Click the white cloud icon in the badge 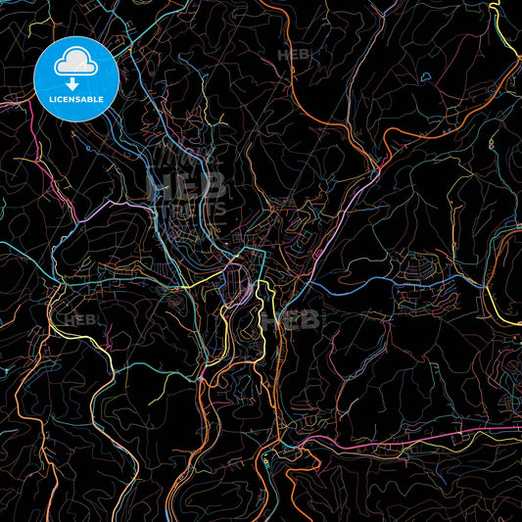(75, 65)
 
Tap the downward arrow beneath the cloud (75, 81)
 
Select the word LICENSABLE (75, 100)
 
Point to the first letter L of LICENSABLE (50, 100)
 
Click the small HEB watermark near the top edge (294, 56)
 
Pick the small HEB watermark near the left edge (79, 320)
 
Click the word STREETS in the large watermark (187, 209)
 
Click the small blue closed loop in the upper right (424, 76)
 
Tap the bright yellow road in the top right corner (510, 39)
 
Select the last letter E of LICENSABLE (102, 100)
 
